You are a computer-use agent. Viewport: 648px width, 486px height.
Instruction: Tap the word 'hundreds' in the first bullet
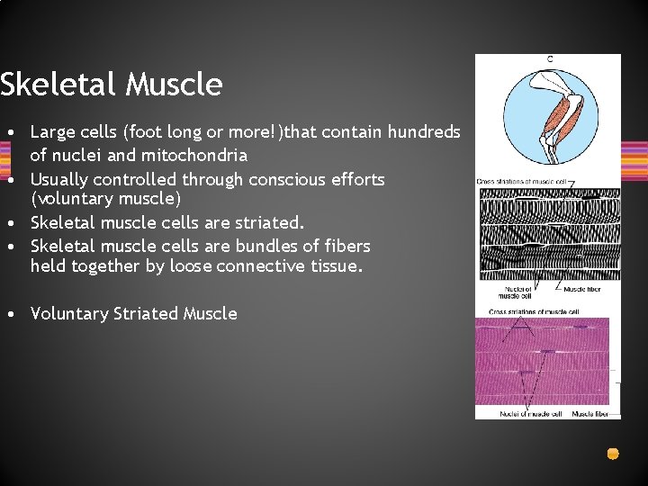424,132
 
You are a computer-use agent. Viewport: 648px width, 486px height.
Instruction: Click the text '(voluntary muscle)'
105,198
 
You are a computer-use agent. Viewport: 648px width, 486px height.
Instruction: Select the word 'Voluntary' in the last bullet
68,313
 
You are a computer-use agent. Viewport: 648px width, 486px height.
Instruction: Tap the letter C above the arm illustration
549,59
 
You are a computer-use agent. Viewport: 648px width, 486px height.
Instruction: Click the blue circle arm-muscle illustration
548,117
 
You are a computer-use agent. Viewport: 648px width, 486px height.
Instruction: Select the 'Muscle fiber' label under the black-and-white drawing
582,289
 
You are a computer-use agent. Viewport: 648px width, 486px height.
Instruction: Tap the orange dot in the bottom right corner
613,454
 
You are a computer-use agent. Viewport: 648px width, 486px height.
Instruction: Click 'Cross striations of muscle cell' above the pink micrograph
534,311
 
